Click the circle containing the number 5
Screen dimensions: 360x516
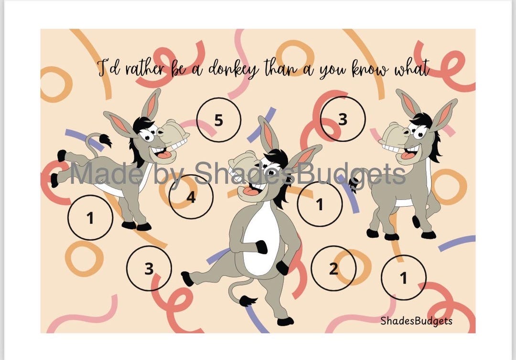218,120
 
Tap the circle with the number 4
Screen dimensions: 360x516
191,197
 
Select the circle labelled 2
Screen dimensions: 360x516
333,268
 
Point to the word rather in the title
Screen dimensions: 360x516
144,69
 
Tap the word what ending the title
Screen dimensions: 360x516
411,69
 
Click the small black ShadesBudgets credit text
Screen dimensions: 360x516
416,320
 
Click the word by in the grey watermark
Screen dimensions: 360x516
169,174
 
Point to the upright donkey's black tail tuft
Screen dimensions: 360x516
247,301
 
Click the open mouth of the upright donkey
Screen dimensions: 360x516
249,191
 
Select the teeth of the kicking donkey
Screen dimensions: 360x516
178,142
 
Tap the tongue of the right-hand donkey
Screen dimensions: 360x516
407,155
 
